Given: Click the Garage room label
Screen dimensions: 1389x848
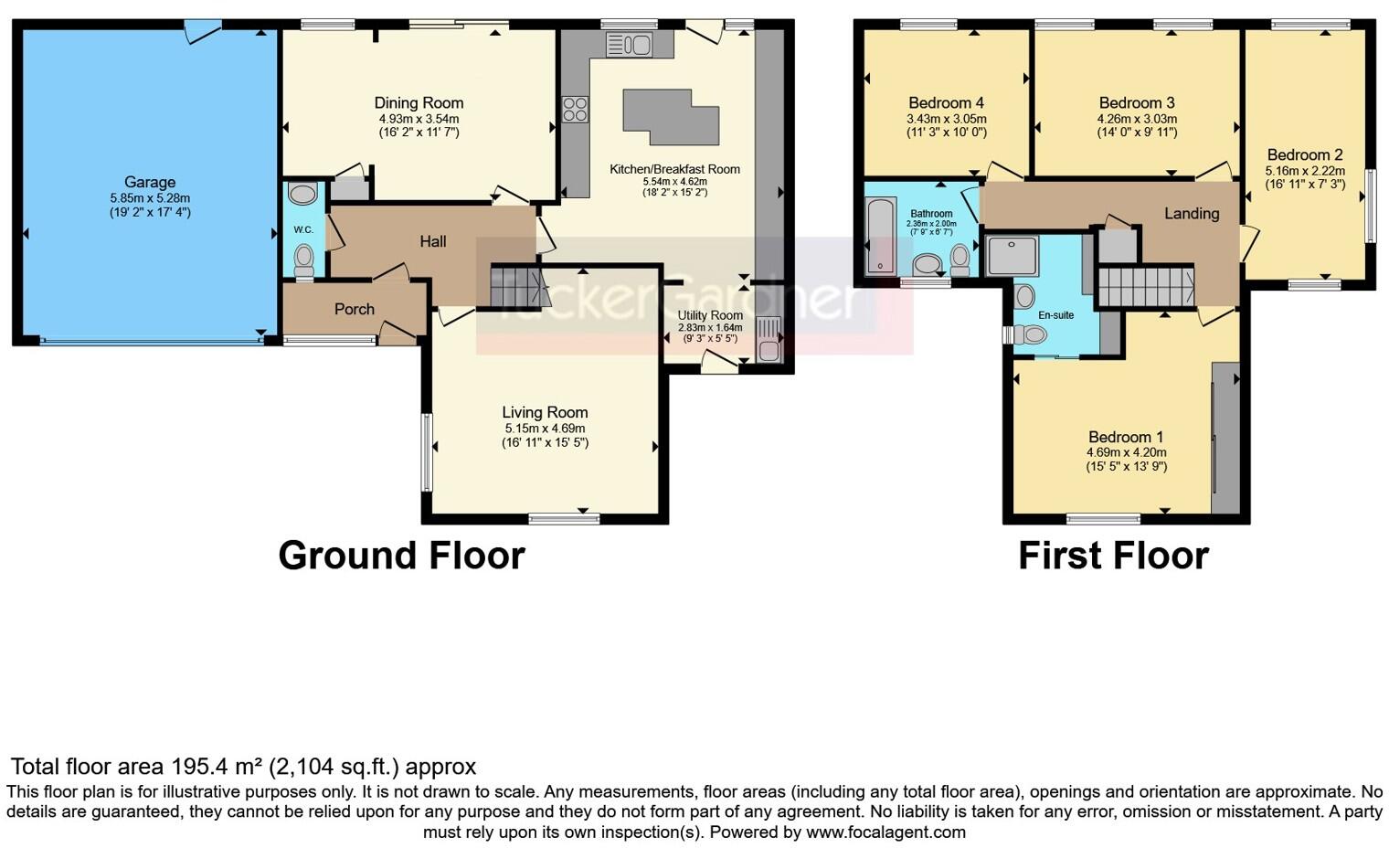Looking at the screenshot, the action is (150, 182).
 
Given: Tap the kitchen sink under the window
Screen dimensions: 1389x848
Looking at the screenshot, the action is (629, 45).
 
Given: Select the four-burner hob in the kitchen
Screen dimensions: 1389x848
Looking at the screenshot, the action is (575, 110).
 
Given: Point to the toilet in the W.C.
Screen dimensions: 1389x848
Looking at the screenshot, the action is (303, 261).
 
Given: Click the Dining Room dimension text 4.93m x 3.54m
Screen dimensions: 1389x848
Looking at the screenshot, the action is (419, 119).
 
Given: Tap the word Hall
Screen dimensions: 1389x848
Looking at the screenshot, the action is (433, 241).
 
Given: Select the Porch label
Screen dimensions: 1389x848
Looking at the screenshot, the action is (354, 309).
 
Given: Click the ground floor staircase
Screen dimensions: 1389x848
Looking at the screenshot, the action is (516, 287).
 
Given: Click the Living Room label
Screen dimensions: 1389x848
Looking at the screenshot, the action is (545, 412).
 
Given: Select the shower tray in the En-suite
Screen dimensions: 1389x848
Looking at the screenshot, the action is (1012, 255).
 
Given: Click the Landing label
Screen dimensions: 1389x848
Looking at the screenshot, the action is (1192, 214).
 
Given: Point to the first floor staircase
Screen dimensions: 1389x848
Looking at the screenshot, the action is (1146, 286).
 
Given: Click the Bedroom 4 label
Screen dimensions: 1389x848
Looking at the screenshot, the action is (947, 103).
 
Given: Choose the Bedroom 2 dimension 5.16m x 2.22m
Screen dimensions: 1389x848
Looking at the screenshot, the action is (1305, 171).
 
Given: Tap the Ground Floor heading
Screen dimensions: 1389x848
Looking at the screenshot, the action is (402, 556).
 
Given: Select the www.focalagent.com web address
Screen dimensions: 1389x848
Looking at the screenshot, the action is (885, 832).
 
